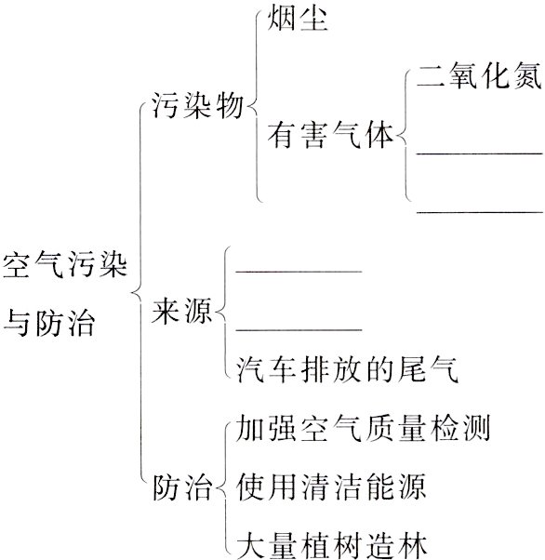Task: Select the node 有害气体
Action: pos(331,136)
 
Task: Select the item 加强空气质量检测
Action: pos(364,429)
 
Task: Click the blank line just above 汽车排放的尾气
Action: pos(299,328)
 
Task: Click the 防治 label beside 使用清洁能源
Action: pos(181,486)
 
